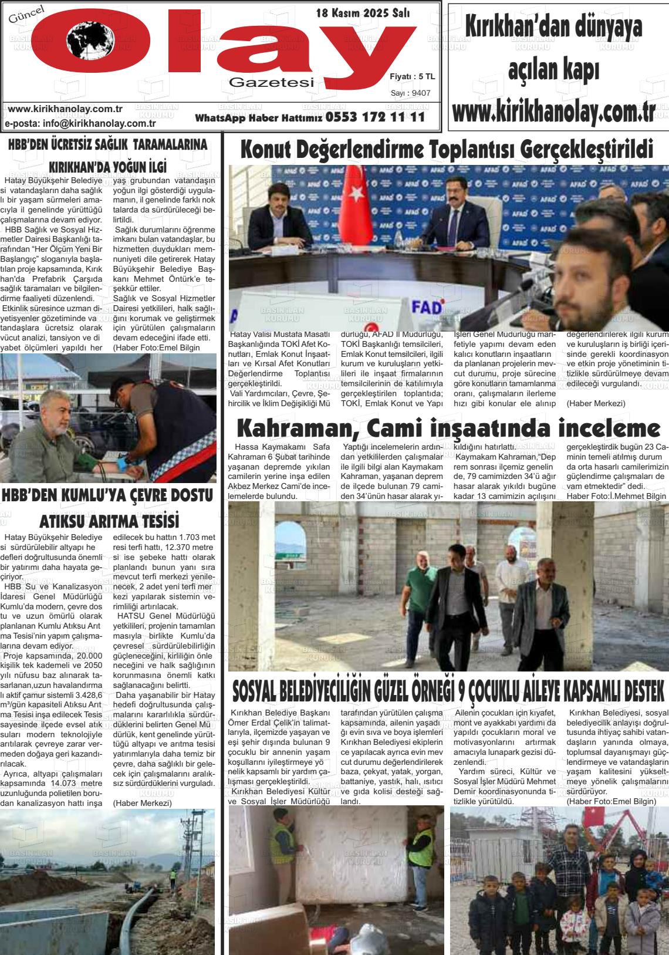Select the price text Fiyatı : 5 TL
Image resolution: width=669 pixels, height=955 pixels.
[x=412, y=77]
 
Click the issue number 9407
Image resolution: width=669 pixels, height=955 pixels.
[x=421, y=93]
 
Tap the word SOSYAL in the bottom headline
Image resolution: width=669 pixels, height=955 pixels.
[x=264, y=691]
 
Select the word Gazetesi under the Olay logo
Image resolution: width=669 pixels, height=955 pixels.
[x=272, y=83]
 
